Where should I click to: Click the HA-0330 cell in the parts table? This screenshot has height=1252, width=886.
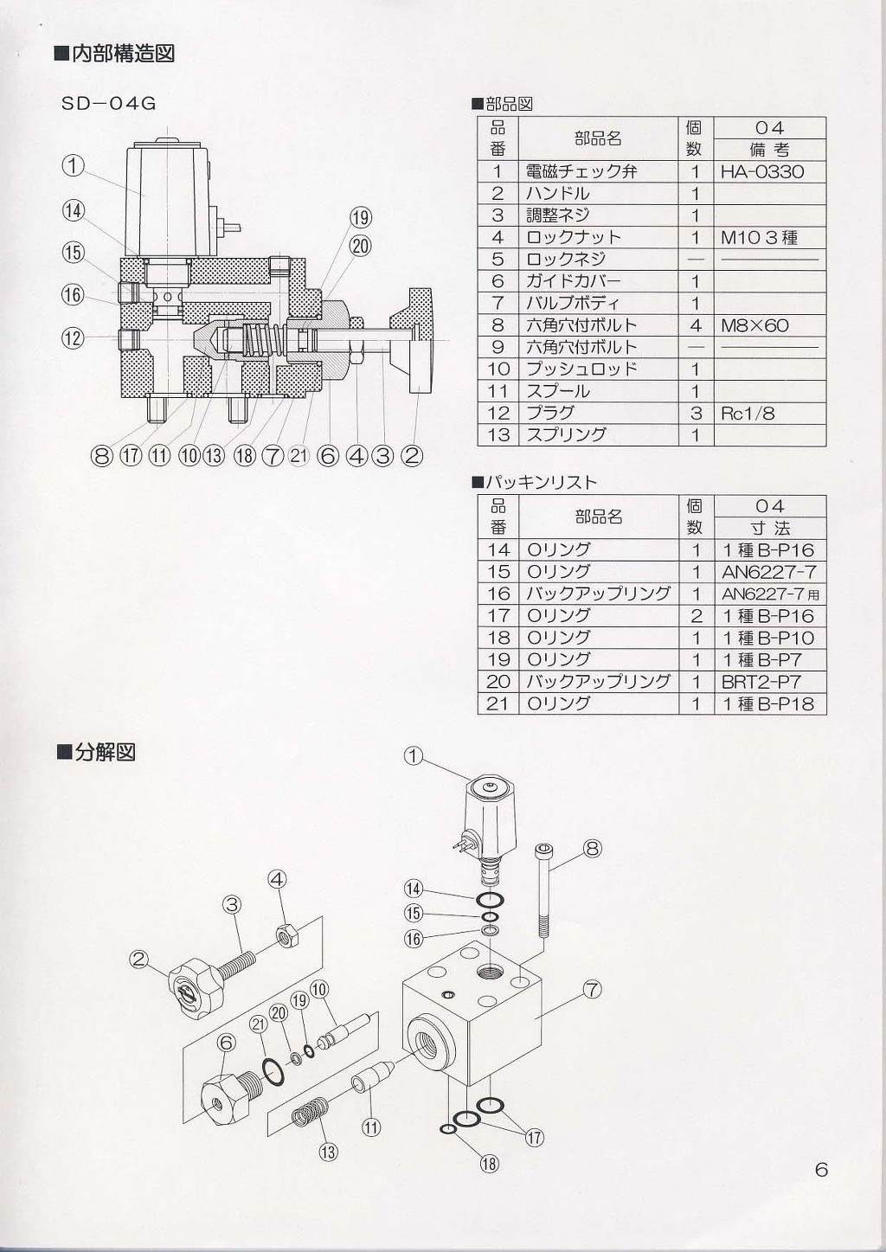[x=762, y=171]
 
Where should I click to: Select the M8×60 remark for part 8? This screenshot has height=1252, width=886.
[x=754, y=325]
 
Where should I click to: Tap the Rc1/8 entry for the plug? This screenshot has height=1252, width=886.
[x=748, y=414]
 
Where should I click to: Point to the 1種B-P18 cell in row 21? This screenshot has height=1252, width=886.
[x=768, y=704]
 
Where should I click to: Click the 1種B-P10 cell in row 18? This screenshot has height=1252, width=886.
[x=768, y=638]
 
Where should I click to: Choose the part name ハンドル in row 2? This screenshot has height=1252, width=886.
[x=558, y=193]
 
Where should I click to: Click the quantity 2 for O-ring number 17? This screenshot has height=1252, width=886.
[x=696, y=616]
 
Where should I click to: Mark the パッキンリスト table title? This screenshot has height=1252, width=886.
[x=540, y=482]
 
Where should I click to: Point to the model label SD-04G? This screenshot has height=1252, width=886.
[x=108, y=103]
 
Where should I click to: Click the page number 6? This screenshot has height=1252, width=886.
[x=821, y=1170]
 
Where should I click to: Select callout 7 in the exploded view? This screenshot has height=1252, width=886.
[x=592, y=989]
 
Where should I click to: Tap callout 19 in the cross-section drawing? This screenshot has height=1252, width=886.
[x=361, y=217]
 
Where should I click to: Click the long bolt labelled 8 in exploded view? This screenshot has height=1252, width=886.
[x=544, y=891]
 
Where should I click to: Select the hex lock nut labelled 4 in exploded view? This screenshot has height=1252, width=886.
[x=286, y=935]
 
